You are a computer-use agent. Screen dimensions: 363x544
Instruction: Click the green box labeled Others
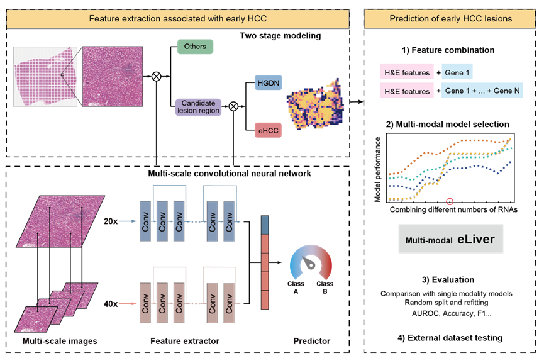(195, 47)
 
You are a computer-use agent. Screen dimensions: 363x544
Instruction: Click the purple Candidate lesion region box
(199, 106)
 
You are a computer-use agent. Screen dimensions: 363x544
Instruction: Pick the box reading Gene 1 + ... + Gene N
(482, 91)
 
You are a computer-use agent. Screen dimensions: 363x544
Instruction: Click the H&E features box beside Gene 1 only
(407, 72)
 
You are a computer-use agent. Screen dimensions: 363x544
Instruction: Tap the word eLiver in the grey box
(476, 240)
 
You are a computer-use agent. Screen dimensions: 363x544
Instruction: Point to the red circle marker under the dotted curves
(450, 201)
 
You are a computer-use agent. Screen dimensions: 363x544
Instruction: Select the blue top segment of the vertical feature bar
(265, 225)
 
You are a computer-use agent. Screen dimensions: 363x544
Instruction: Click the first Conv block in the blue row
(145, 221)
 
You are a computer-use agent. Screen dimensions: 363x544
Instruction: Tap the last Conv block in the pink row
(229, 302)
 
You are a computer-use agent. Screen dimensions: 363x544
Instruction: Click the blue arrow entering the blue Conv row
(127, 221)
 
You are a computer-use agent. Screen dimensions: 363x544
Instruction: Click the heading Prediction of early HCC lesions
(450, 19)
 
